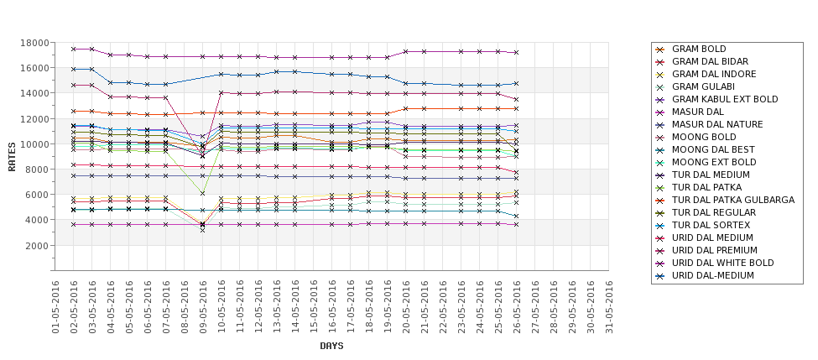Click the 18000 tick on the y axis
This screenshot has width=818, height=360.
pyautogui.click(x=34, y=43)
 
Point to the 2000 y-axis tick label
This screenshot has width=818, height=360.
pyautogui.click(x=37, y=245)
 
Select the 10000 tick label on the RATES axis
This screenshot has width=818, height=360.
pyautogui.click(x=34, y=144)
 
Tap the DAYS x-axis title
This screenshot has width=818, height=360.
pyautogui.click(x=331, y=346)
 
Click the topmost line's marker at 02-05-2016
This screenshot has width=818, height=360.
pyautogui.click(x=74, y=49)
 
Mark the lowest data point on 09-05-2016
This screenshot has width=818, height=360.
pyautogui.click(x=203, y=229)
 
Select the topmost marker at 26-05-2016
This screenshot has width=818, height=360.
pyautogui.click(x=517, y=52)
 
